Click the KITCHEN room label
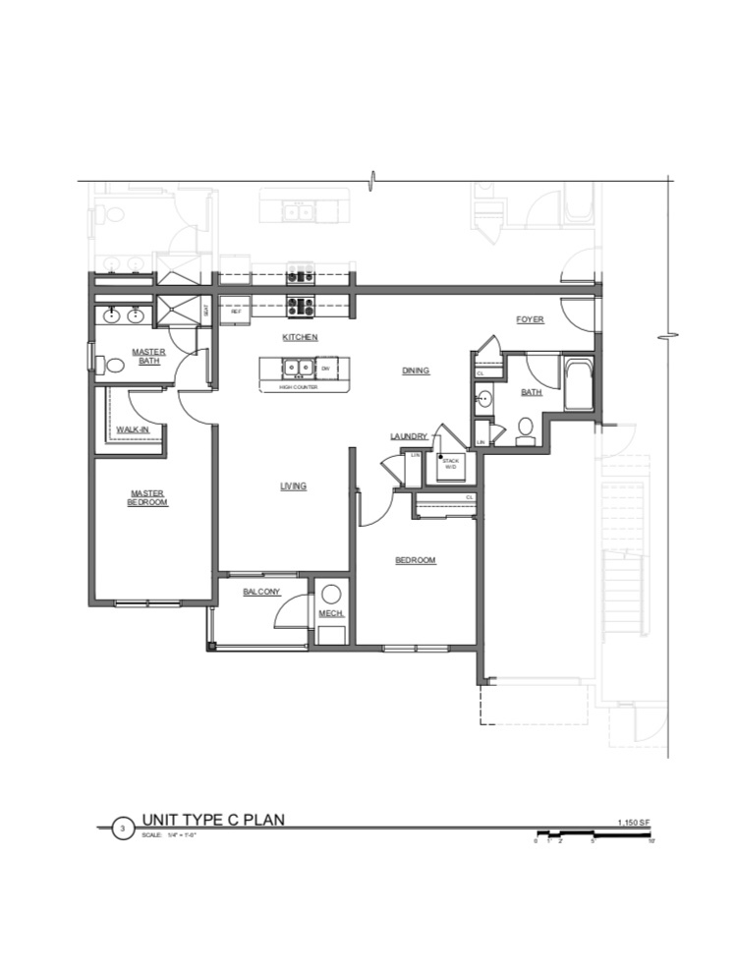(x=300, y=337)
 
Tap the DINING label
(x=416, y=371)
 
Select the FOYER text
(x=530, y=319)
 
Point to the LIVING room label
(x=293, y=486)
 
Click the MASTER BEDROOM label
(x=147, y=498)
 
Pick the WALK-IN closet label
(x=132, y=430)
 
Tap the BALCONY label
(x=261, y=592)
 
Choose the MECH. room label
(x=329, y=615)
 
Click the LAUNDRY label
(x=408, y=436)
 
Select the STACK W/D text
(x=450, y=463)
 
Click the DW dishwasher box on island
(x=325, y=369)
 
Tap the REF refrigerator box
(x=236, y=311)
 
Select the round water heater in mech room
(x=331, y=594)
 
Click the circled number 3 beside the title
(x=122, y=829)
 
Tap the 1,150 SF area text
(x=634, y=821)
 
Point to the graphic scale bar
(x=595, y=834)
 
